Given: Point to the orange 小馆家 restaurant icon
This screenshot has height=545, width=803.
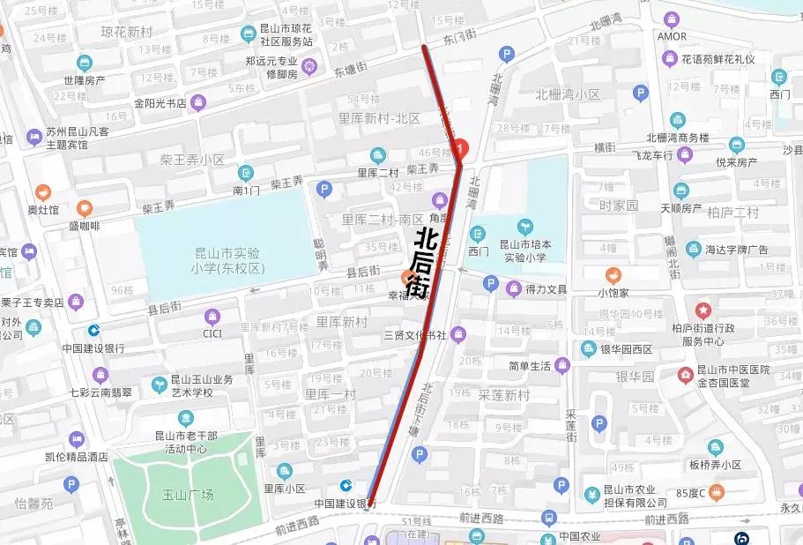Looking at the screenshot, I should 613,275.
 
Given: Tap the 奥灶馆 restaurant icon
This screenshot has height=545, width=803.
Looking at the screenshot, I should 42,192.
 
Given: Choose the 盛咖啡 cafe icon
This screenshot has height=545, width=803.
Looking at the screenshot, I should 85,208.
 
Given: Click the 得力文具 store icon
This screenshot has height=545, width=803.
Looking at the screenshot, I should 514,287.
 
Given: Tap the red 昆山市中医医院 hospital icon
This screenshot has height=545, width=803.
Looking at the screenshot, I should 685,377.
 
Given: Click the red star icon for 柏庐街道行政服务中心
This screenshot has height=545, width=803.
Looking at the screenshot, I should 703,310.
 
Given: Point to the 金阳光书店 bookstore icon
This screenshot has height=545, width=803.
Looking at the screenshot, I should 198,102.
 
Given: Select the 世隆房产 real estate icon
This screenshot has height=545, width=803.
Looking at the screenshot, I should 85,63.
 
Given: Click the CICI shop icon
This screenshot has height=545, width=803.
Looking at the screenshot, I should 212,316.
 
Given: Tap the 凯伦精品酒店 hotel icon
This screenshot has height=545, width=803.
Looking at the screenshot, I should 78,438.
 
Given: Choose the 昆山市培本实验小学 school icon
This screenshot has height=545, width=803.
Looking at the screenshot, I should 525,228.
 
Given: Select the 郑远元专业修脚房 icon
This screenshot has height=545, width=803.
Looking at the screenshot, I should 309,64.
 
